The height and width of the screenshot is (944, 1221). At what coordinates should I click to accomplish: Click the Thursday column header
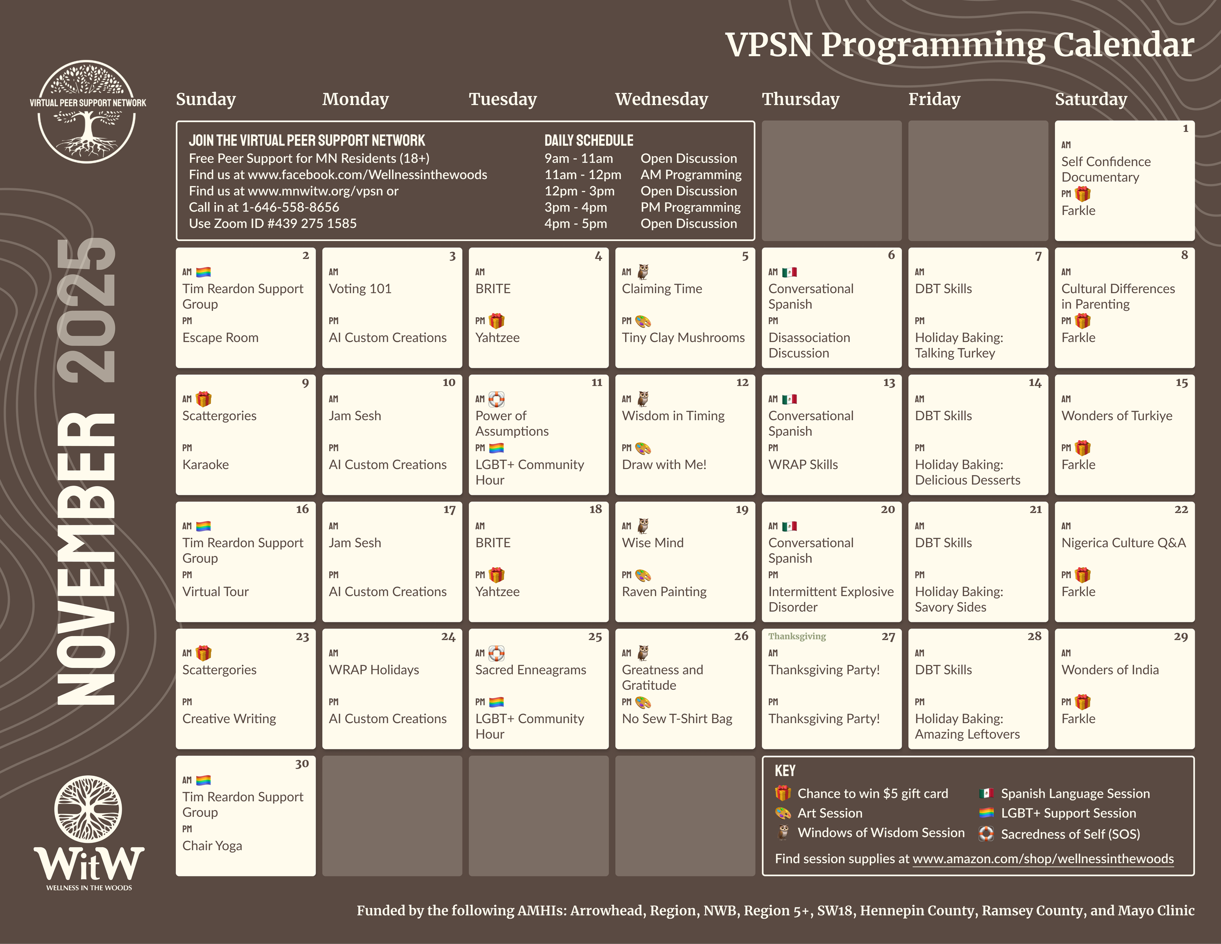800,99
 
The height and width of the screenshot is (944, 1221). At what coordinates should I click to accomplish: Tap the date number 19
742,510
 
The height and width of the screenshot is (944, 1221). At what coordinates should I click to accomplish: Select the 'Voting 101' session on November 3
360,289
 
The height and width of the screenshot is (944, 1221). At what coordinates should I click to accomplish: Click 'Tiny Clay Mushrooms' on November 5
683,338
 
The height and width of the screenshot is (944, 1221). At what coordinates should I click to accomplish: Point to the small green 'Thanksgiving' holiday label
797,636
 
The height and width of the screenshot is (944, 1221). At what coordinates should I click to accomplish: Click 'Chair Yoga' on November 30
212,846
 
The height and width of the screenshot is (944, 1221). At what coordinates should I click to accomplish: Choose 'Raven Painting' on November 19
664,592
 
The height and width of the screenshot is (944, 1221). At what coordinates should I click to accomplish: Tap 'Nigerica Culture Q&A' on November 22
1124,542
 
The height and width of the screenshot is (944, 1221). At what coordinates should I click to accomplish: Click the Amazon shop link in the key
1043,859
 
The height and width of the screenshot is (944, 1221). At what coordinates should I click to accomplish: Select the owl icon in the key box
783,833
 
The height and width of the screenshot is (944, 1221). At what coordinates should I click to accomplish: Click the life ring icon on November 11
496,399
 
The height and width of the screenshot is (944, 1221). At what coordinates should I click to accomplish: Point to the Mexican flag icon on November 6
789,272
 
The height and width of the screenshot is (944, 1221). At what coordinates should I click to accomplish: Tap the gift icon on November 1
1083,194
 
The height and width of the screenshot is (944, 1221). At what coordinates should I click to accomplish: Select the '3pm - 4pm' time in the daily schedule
575,208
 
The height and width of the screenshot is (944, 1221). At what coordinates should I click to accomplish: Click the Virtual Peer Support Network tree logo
87,112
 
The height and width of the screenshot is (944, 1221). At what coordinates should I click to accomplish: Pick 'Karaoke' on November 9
205,465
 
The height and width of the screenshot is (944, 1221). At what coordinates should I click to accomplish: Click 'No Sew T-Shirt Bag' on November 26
677,719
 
